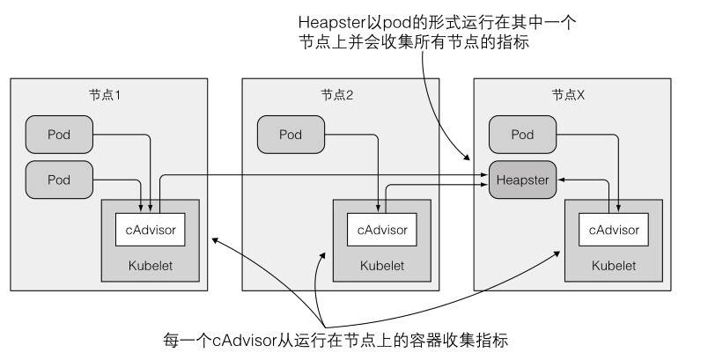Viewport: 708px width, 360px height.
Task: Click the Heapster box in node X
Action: coord(523,180)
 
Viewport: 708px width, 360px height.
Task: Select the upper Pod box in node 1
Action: coord(59,135)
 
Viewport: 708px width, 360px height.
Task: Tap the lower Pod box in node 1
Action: coord(59,179)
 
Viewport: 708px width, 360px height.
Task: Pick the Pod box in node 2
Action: coord(291,135)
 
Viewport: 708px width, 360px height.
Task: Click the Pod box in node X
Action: coord(523,135)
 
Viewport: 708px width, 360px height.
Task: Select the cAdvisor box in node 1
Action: coord(151,230)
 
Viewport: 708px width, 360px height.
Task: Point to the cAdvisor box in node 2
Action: coord(381,230)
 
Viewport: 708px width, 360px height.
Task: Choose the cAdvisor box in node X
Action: coord(614,230)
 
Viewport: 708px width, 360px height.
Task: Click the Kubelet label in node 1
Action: coord(151,264)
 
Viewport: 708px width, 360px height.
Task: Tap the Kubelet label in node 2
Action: coord(381,264)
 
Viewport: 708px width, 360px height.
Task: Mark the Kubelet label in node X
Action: coord(614,264)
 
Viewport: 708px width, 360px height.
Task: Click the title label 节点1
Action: coord(111,94)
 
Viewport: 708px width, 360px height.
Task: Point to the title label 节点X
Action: coord(568,94)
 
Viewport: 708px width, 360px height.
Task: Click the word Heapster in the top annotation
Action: coord(331,20)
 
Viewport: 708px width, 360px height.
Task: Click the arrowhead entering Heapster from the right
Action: coord(561,180)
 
